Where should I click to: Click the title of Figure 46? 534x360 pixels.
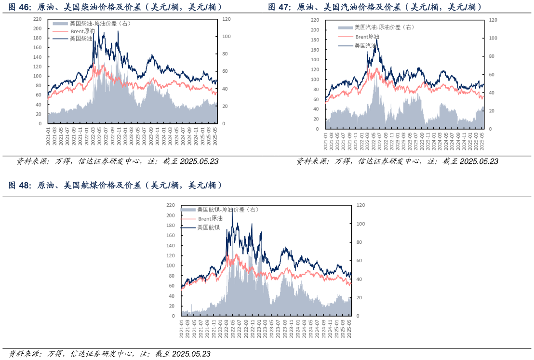tap(116, 7)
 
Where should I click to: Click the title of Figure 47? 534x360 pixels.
tap(375, 7)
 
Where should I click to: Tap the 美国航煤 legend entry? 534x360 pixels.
tap(208, 227)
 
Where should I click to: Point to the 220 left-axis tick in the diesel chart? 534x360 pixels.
tap(37, 19)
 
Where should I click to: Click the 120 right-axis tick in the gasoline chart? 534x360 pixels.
tap(493, 20)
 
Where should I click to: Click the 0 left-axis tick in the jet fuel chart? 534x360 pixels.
tap(174, 316)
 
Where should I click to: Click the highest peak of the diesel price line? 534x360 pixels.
tap(98, 24)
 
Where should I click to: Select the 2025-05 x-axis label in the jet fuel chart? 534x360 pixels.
tap(349, 329)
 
